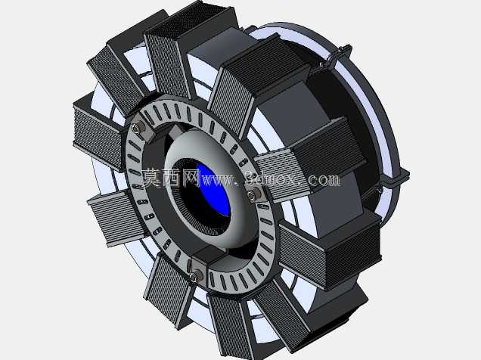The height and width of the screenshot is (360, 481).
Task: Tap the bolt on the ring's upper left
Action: click(136, 128)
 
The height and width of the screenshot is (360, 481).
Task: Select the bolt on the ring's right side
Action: click(252, 194)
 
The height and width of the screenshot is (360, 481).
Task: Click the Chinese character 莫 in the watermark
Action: click(151, 177)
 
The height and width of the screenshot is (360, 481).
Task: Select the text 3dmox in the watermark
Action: click(272, 179)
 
